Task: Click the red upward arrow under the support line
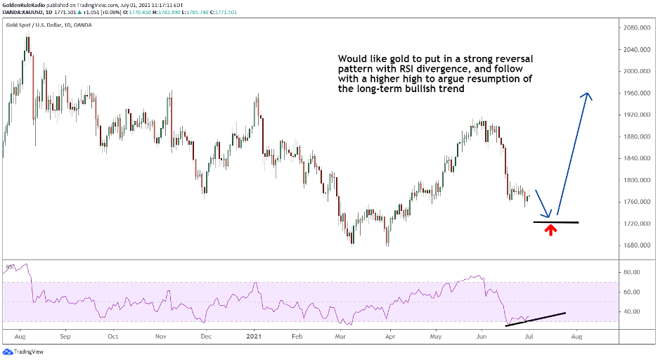pyautogui.click(x=550, y=229)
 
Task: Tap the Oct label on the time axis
pyautogui.click(x=112, y=336)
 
